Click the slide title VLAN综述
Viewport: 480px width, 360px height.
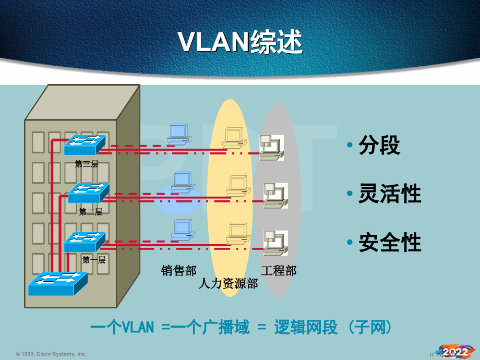[x=241, y=42]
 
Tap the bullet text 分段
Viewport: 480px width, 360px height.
[x=379, y=146]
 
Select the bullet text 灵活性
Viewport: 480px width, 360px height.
[x=389, y=194]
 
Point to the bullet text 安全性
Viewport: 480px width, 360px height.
[x=389, y=243]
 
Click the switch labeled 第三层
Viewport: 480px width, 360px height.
[x=85, y=144]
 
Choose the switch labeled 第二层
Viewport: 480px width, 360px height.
[x=89, y=192]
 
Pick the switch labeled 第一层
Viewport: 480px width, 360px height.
[x=85, y=241]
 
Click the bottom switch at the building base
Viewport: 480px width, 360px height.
[x=58, y=283]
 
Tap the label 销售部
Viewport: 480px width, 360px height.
[x=178, y=270]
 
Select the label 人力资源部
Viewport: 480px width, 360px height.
[x=228, y=284]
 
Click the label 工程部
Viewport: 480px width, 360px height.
[x=279, y=270]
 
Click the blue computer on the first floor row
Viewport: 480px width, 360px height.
[x=182, y=230]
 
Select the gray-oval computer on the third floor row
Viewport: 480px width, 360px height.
[x=271, y=146]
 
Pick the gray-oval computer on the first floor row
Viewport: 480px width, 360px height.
[x=274, y=242]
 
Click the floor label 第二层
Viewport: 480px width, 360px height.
[x=90, y=212]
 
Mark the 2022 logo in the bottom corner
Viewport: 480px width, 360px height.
[x=454, y=351]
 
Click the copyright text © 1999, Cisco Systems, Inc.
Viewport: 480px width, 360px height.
[x=51, y=354]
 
